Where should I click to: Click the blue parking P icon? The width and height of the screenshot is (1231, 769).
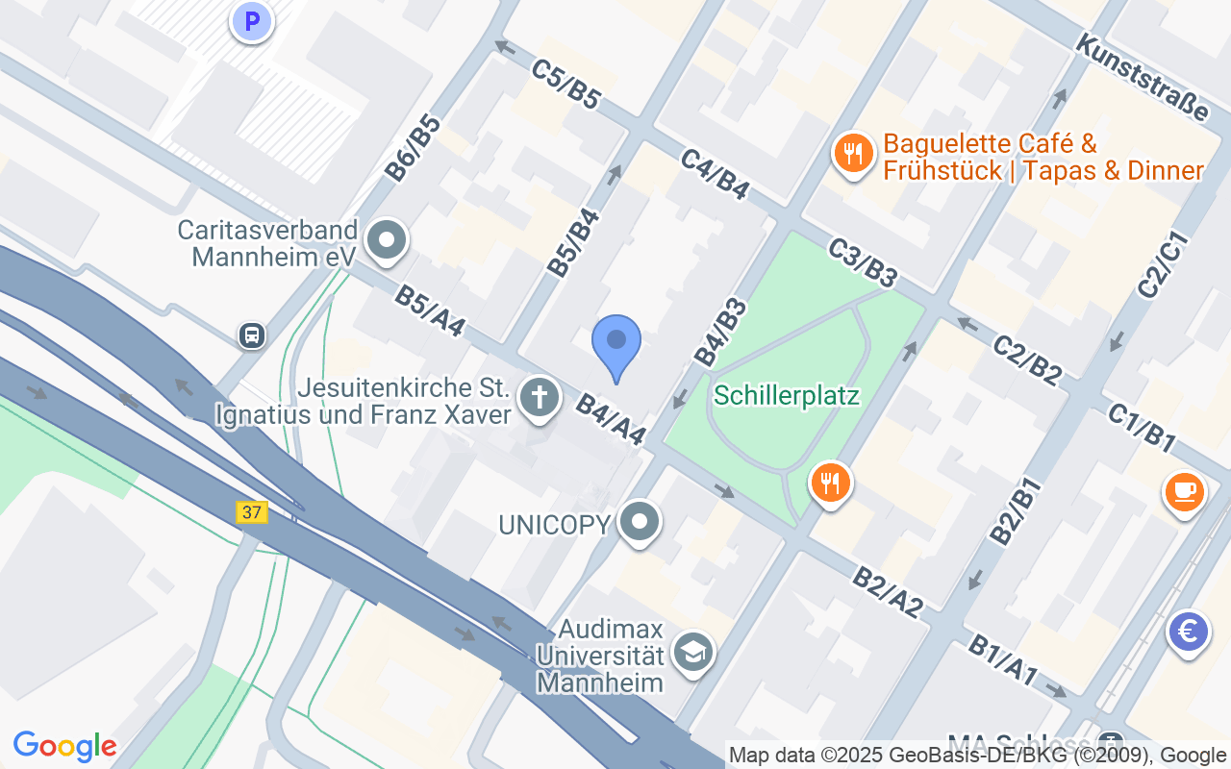tap(252, 20)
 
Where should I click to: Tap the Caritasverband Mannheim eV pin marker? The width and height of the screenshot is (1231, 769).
tap(388, 241)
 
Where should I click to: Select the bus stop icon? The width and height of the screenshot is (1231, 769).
tap(252, 335)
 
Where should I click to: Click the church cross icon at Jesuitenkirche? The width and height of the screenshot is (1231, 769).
tap(540, 397)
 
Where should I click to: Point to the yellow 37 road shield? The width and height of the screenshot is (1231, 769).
tap(252, 512)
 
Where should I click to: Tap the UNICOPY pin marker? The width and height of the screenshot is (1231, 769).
tap(640, 523)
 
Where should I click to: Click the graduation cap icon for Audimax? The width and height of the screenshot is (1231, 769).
tap(693, 653)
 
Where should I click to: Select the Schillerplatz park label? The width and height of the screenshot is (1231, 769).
tap(787, 396)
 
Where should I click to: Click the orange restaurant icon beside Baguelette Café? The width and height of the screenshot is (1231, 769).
tap(852, 152)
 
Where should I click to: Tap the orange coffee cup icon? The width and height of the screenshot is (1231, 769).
tap(1184, 491)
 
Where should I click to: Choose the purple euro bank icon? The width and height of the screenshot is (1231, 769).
tap(1189, 633)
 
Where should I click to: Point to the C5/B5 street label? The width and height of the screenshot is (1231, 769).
tap(565, 84)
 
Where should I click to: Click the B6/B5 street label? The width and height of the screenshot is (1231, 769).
tap(413, 148)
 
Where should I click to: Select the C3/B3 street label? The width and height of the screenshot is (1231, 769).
tap(862, 262)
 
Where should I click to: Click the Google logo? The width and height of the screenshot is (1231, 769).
tap(65, 746)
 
